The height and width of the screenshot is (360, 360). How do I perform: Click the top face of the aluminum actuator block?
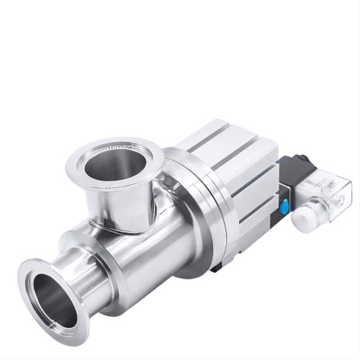[x=223, y=140]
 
